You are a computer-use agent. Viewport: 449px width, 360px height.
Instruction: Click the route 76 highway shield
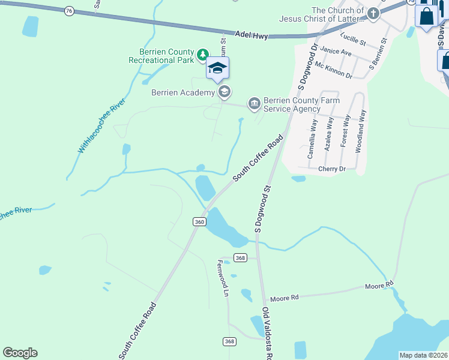tap(69, 11)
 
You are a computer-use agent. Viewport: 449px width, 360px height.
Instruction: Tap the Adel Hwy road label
tap(252, 35)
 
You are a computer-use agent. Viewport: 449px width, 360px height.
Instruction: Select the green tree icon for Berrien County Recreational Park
tap(203, 55)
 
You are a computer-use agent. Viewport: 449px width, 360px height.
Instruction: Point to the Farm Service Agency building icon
tap(254, 104)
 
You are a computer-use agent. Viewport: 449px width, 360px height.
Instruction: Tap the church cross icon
tap(373, 14)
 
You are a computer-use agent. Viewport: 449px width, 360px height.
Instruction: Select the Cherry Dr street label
tap(333, 169)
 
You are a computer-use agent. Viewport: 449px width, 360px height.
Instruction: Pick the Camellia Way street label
tap(312, 138)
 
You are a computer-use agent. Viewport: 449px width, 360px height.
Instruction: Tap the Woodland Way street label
tap(362, 131)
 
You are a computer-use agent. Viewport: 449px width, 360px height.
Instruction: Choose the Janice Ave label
tap(336, 52)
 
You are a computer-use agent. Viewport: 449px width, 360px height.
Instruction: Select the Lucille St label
tap(353, 40)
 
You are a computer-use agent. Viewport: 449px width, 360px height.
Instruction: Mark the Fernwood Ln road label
tap(223, 278)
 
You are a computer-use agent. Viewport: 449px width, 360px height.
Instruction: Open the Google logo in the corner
tap(20, 353)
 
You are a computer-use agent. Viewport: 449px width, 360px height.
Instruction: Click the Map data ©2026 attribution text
tap(423, 355)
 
